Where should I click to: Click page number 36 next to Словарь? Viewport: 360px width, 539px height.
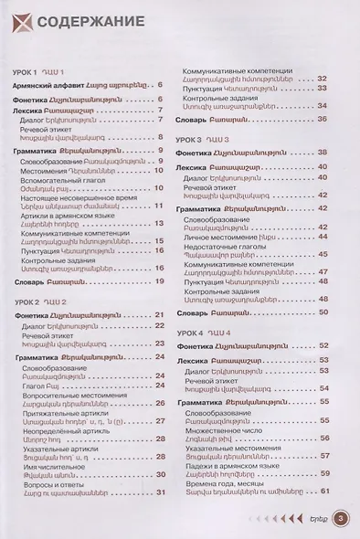coord(323,119)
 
